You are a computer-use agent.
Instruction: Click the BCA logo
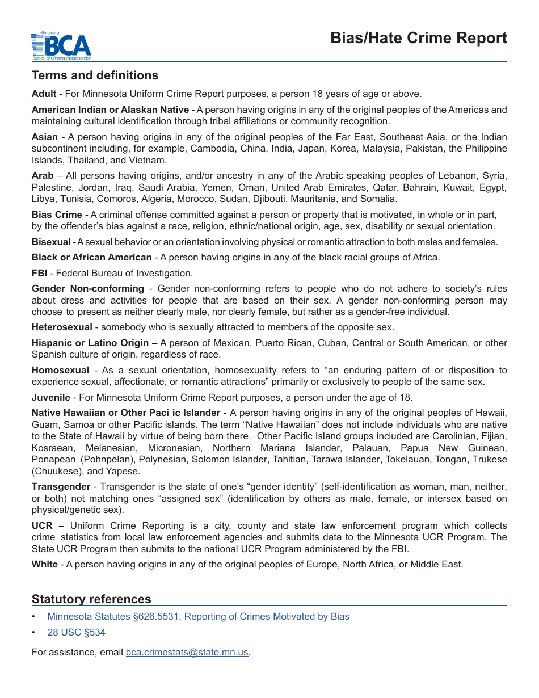61,46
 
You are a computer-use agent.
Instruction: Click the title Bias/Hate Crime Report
419,38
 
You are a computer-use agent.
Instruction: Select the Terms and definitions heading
95,75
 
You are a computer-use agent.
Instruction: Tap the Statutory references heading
91,599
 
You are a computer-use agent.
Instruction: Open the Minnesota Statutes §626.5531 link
198,616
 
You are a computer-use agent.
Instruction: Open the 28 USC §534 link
76,632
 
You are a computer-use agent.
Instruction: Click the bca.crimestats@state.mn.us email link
187,652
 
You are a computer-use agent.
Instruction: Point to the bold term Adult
44,94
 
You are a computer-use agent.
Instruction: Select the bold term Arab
43,176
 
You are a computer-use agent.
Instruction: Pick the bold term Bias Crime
57,215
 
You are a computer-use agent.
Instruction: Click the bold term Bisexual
51,242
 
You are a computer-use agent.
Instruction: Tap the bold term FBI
39,273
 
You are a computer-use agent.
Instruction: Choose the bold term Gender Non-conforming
88,289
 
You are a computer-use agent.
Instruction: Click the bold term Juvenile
51,397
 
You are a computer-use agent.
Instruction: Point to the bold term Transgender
61,486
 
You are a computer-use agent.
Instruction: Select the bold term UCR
42,525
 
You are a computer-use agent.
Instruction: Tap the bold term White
45,564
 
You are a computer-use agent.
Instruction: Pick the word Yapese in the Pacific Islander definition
125,471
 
